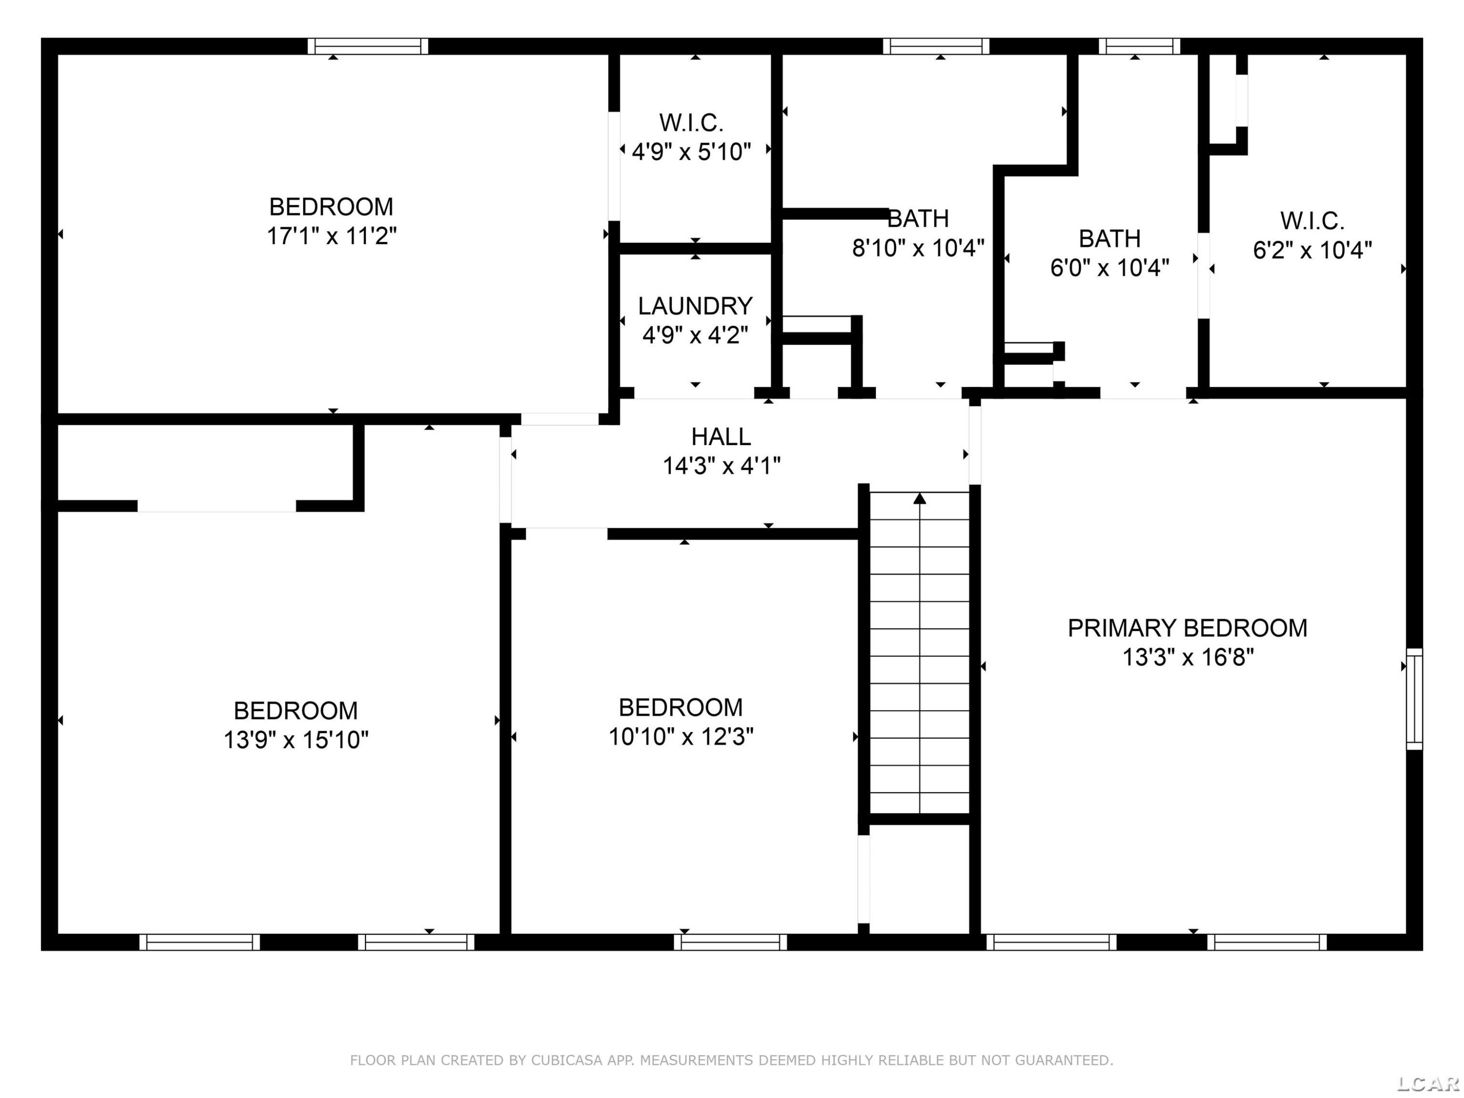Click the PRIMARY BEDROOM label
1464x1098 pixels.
(x=1187, y=628)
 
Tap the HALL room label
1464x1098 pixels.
(x=721, y=437)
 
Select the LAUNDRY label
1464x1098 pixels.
(x=695, y=306)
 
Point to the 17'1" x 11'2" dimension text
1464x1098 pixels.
(x=331, y=236)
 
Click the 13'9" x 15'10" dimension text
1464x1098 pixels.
(x=296, y=739)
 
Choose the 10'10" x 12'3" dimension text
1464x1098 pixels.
(x=681, y=736)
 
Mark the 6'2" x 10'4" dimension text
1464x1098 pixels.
(x=1312, y=250)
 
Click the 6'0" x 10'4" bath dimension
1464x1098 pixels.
(x=1110, y=267)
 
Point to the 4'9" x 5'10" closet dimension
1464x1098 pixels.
(x=691, y=152)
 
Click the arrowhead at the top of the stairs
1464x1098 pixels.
(x=919, y=498)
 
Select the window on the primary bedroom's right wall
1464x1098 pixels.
(x=1414, y=698)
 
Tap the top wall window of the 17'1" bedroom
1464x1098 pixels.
(x=368, y=46)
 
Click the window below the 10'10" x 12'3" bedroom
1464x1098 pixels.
(x=731, y=942)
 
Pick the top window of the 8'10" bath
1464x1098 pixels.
(x=936, y=46)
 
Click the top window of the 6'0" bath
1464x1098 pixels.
(x=1139, y=46)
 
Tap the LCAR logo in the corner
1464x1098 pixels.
(x=1428, y=1083)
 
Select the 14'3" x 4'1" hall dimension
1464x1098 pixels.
(x=721, y=466)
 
